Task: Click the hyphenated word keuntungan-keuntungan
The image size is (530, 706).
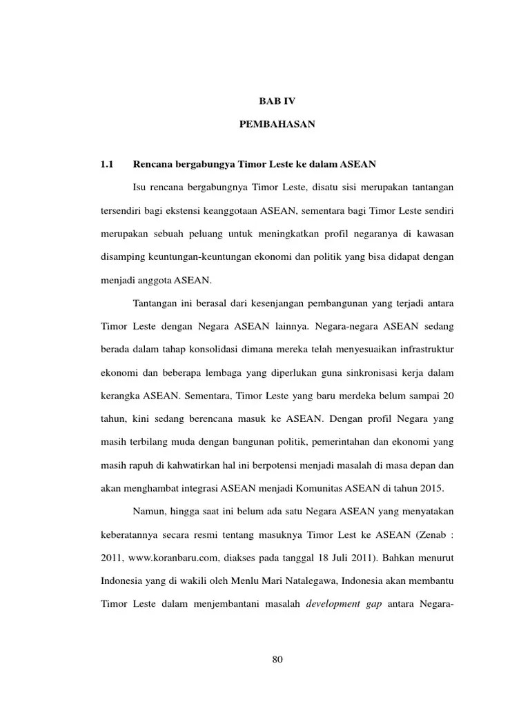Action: [200, 257]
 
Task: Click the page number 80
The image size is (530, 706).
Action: [277, 660]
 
